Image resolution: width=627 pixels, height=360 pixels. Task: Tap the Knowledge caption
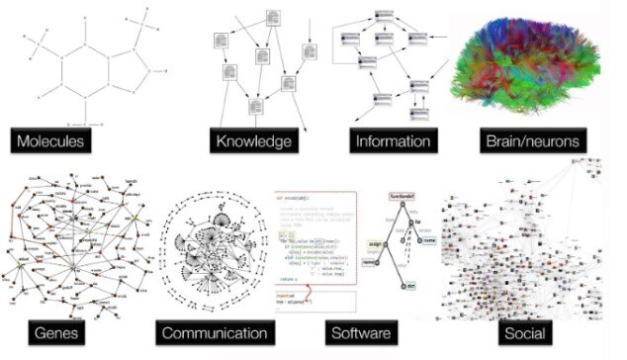(255, 140)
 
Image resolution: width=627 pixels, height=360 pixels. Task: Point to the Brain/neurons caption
(531, 140)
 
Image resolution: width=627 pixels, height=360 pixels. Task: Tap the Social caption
(523, 334)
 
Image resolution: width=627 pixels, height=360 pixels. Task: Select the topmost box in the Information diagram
(385, 18)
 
